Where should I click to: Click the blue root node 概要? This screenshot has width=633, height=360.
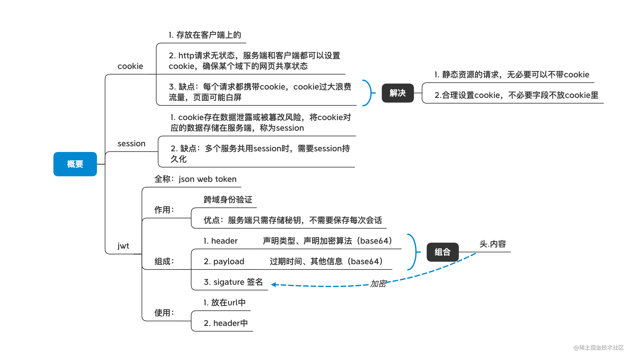[x=75, y=164]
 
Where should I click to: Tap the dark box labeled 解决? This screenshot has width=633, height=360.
[x=398, y=93]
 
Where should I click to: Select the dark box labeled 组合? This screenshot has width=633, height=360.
[x=443, y=252]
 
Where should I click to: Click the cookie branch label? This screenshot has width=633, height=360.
[x=130, y=66]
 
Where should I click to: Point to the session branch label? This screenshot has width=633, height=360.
[x=132, y=144]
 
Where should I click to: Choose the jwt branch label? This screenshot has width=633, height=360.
[x=123, y=246]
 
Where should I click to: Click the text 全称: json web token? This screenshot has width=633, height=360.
[x=195, y=179]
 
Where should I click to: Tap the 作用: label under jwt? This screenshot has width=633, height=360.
[x=164, y=210]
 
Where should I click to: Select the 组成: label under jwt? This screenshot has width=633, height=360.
[x=164, y=261]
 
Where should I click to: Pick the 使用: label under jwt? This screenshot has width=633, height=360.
[x=164, y=313]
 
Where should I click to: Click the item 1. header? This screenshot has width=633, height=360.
[x=221, y=241]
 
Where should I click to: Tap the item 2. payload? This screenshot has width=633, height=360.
[x=224, y=261]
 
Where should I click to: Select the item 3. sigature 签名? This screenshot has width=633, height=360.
[x=233, y=282]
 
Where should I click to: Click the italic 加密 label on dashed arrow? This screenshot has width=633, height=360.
[x=378, y=284]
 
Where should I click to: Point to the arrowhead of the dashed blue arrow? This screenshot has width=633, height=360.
[x=273, y=285]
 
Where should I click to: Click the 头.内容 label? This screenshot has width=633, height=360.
[x=493, y=244]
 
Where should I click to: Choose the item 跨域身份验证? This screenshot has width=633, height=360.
[x=228, y=200]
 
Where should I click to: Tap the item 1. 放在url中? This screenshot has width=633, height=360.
[x=225, y=303]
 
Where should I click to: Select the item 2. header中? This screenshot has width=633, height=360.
[x=226, y=323]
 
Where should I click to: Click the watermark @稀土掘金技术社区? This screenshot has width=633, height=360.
[x=599, y=348]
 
